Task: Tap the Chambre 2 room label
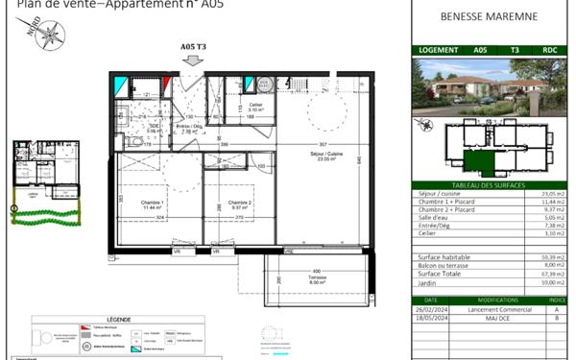click(239, 205)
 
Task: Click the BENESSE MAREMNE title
click(489, 16)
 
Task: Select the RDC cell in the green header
click(550, 50)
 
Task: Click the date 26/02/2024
click(430, 309)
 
